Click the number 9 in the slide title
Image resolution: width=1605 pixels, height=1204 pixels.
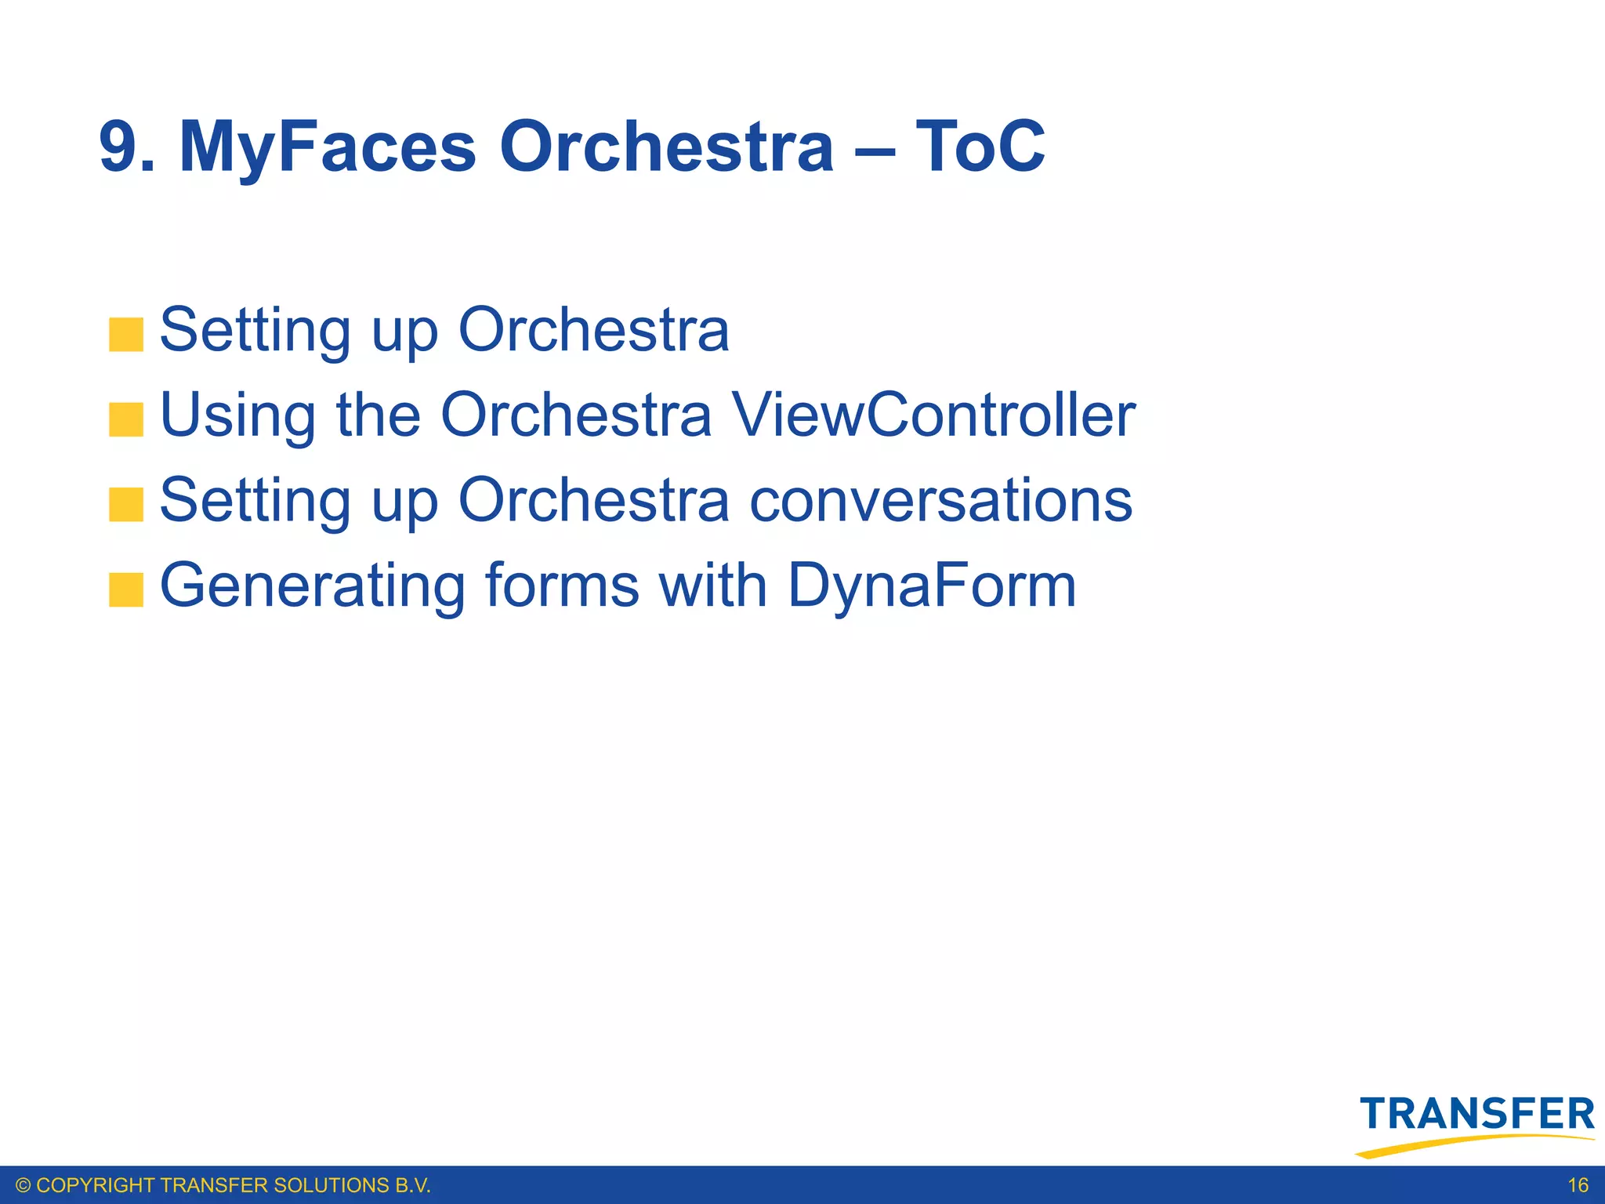pyautogui.click(x=119, y=147)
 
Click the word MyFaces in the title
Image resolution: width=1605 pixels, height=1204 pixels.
pyautogui.click(x=327, y=147)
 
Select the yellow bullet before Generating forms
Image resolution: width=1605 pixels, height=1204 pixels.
pyautogui.click(x=126, y=590)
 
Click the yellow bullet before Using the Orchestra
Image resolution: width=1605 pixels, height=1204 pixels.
pyautogui.click(x=126, y=419)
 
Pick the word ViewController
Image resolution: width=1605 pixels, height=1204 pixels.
pyautogui.click(x=933, y=415)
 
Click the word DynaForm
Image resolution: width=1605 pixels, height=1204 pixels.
pyautogui.click(x=931, y=586)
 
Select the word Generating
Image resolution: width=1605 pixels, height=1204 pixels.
pyautogui.click(x=313, y=586)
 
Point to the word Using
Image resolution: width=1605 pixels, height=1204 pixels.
pyautogui.click(x=238, y=415)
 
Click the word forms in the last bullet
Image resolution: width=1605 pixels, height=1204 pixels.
pyautogui.click(x=562, y=586)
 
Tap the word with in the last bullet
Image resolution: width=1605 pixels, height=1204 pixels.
pyautogui.click(x=712, y=586)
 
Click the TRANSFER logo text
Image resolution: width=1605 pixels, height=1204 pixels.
pyautogui.click(x=1477, y=1115)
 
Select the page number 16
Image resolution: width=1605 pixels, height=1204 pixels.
pyautogui.click(x=1578, y=1185)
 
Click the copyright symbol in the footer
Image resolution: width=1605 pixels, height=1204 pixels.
pyautogui.click(x=23, y=1185)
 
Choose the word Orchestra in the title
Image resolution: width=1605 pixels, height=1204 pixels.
pyautogui.click(x=666, y=147)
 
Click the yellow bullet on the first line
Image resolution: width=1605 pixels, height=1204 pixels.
pyautogui.click(x=126, y=335)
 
